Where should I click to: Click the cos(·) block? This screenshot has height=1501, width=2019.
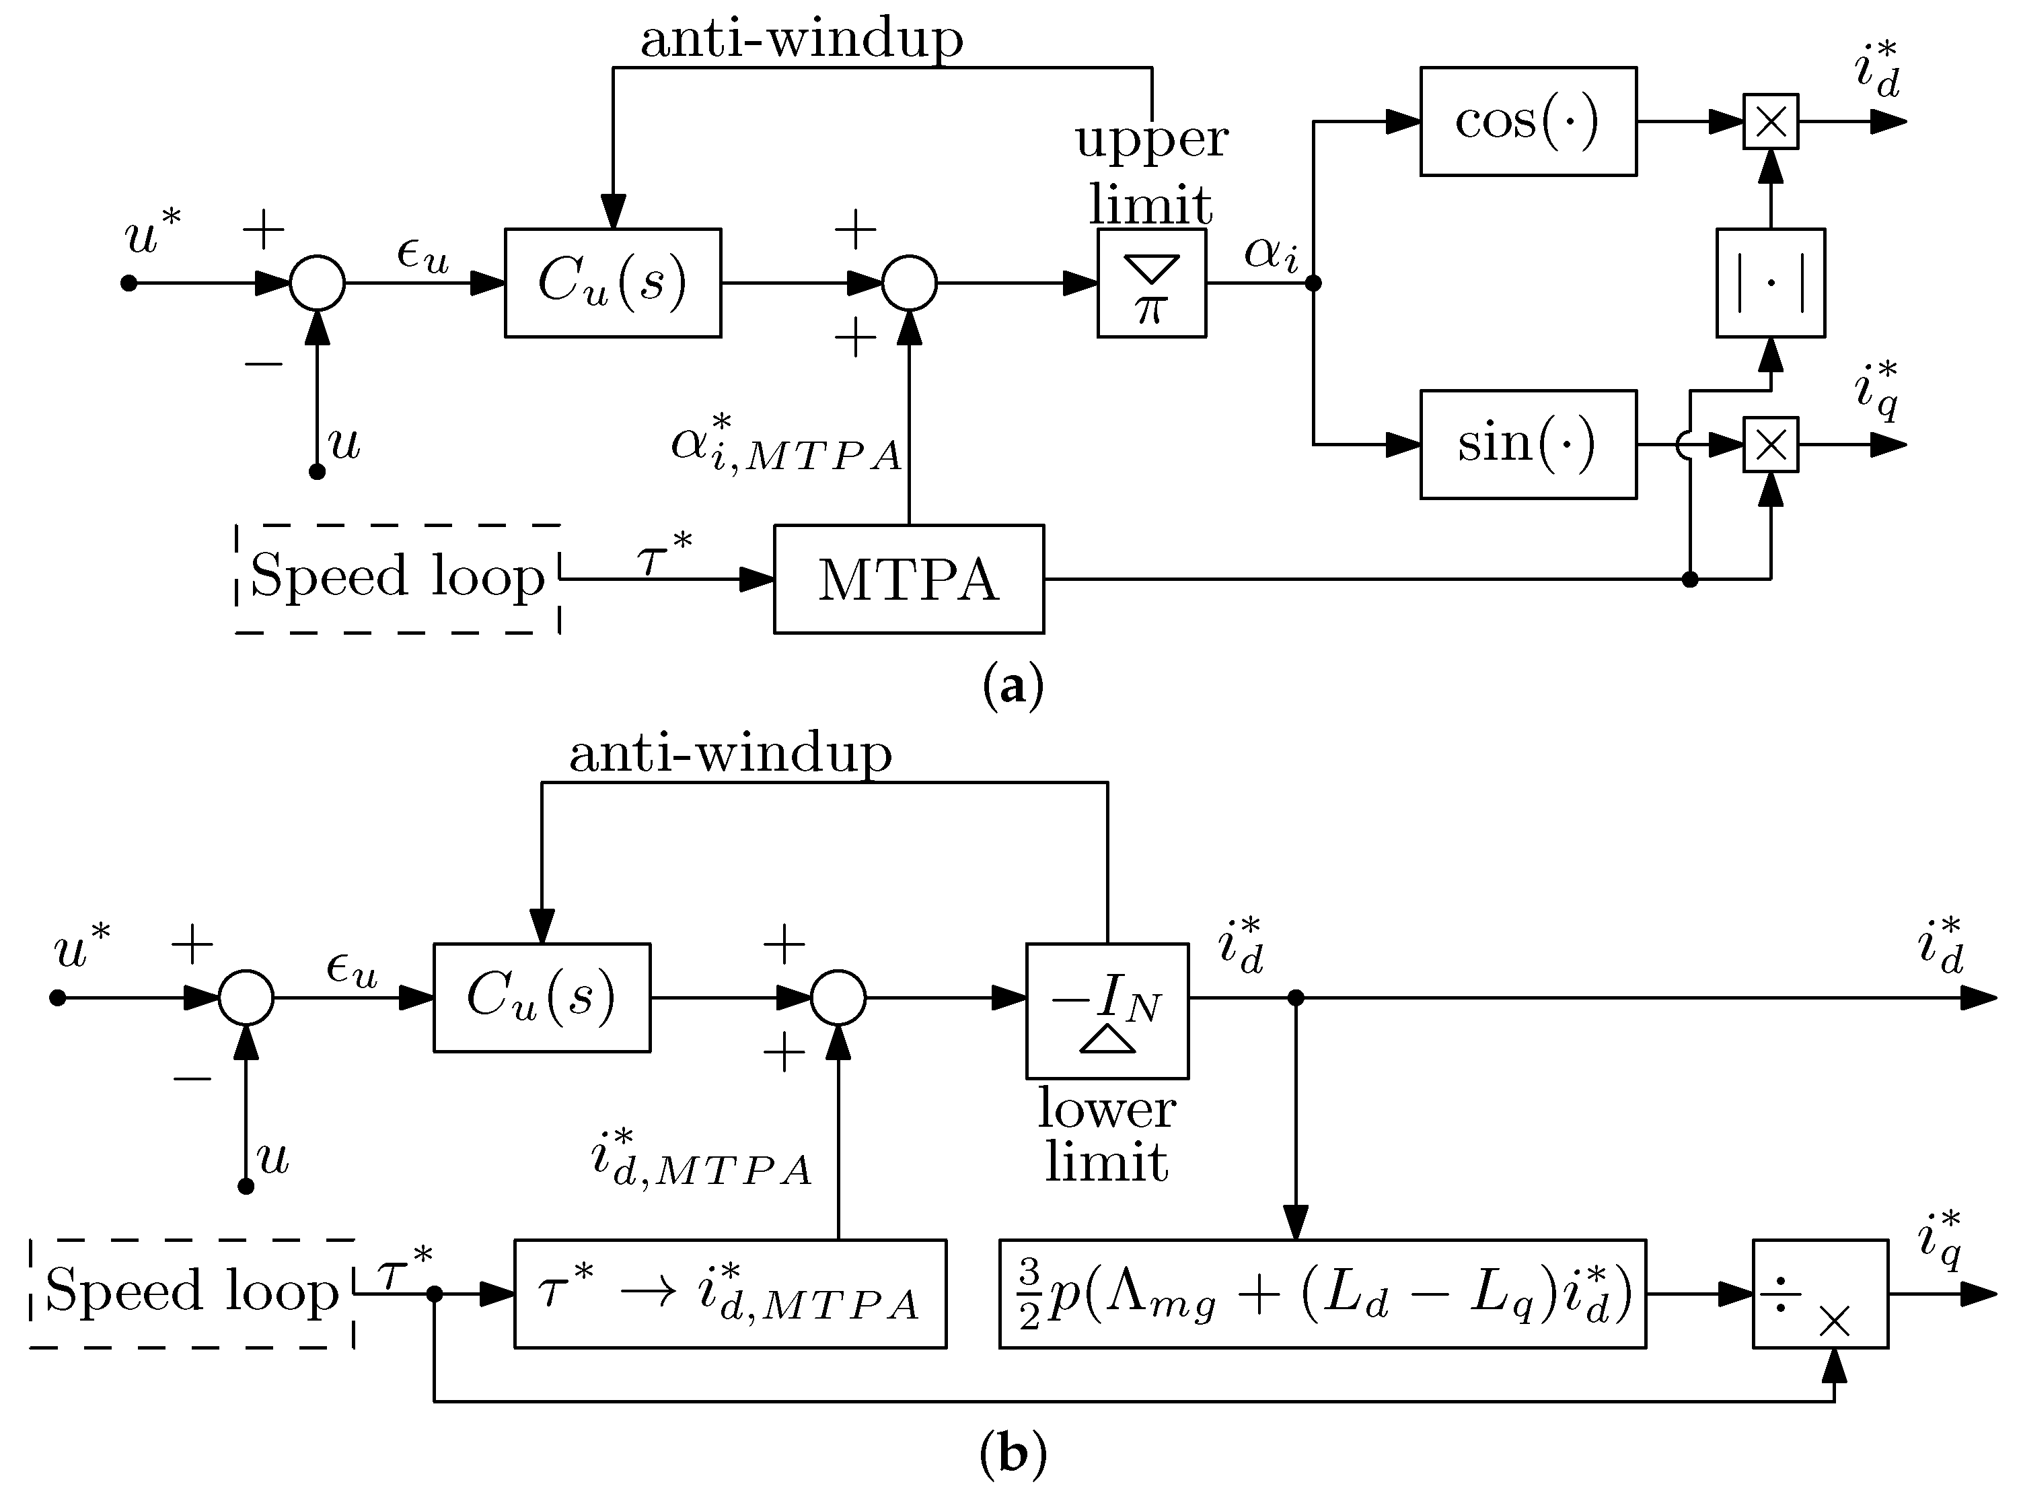pos(1528,121)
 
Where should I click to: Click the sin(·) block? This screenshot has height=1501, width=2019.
pos(1528,444)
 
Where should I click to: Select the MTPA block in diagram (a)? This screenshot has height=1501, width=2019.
pos(908,579)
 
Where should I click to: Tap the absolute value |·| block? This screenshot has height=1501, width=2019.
pos(1769,283)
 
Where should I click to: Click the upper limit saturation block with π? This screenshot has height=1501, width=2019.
pos(1150,283)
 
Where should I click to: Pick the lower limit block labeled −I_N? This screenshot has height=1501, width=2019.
pos(1106,1010)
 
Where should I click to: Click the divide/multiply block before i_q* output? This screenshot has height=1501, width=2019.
pos(1819,1293)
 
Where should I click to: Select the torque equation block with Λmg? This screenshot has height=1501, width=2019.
pos(1321,1293)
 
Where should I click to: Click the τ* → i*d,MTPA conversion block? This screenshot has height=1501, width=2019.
pos(729,1293)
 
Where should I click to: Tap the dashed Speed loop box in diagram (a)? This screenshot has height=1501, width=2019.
pos(397,578)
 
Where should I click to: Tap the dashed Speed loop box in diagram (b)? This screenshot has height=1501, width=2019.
pos(190,1292)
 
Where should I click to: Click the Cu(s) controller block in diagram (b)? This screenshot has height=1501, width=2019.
pos(542,998)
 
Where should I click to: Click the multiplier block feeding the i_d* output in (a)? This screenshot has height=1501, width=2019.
pos(1770,121)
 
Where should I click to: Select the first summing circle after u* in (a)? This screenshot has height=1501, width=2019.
pos(317,283)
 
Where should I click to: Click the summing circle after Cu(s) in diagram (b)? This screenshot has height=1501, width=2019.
pos(838,998)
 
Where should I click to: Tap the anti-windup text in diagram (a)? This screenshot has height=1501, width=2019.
pos(801,38)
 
